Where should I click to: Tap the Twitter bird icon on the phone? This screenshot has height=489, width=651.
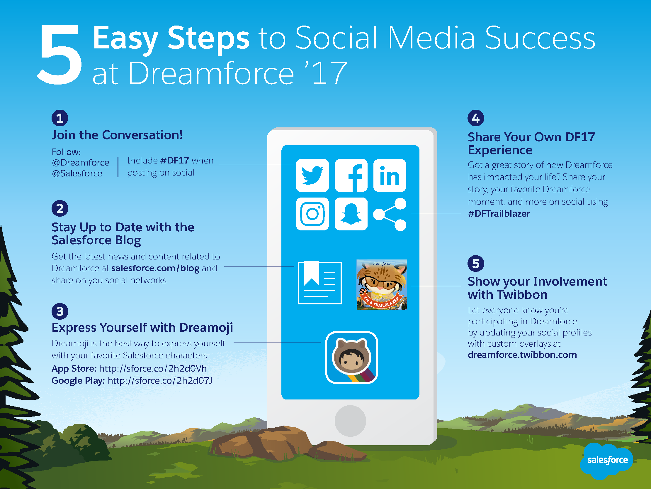pos(312,176)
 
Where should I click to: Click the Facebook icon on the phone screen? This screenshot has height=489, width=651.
pos(351,176)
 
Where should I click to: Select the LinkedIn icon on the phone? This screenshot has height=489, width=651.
pos(390,176)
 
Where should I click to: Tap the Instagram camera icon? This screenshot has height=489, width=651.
pos(312,214)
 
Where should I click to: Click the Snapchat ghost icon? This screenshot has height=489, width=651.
pos(351,214)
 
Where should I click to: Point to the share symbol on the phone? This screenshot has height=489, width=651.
pos(390,214)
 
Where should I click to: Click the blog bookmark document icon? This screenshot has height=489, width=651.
pos(319,282)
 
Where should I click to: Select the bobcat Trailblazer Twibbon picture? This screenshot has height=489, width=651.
pos(382,284)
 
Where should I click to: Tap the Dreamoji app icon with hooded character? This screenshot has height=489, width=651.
pos(351,358)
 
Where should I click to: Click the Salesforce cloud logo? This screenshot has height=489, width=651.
pos(607,461)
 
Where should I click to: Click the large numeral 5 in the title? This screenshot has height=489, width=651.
pos(60,55)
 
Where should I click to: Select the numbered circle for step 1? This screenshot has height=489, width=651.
pos(60,118)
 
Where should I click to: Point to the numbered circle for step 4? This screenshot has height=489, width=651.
pos(476,118)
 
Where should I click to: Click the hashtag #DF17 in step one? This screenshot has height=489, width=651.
pos(174,160)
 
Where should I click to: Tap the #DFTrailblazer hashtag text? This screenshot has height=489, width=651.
pos(499,213)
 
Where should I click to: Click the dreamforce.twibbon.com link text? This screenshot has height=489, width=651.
pos(522,355)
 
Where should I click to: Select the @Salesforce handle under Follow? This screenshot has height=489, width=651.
pos(77,173)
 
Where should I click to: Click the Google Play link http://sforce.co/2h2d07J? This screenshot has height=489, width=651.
pos(160,380)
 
